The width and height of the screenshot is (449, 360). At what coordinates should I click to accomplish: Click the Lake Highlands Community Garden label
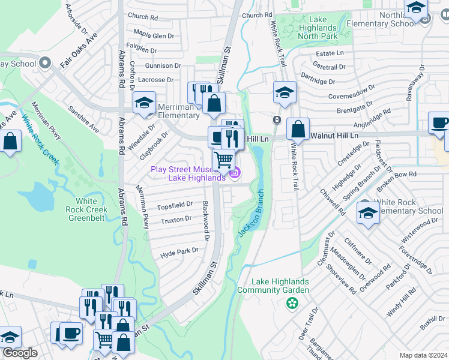pos(280,286)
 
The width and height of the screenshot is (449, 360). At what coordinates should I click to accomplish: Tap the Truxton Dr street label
pos(176,221)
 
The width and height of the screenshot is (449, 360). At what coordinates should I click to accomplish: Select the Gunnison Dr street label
pos(163,65)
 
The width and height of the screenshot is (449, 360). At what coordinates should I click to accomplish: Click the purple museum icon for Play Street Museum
pos(235,174)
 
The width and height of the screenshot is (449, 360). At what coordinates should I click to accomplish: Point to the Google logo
pos(20,353)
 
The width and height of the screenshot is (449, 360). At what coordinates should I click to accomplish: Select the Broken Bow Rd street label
pos(398,174)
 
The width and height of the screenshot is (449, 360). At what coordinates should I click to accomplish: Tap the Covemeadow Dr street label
pos(354,94)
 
